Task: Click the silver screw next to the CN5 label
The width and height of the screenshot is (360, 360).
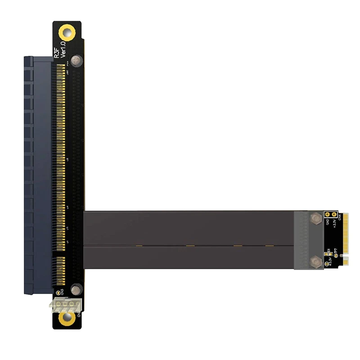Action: click(76, 289)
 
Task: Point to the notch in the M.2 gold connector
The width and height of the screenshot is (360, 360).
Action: click(346, 257)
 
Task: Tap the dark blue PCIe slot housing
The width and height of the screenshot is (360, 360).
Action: click(38, 175)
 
